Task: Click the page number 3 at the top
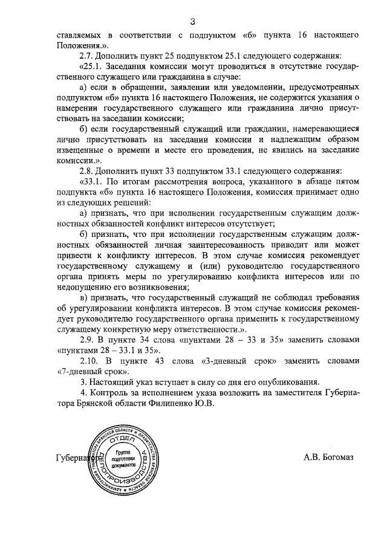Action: [x=192, y=22]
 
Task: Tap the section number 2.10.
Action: [x=83, y=360]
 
